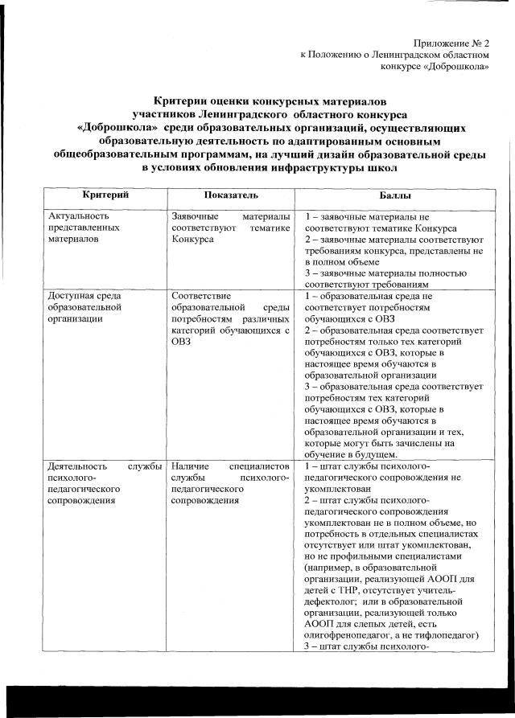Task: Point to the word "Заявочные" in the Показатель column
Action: tap(196, 216)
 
